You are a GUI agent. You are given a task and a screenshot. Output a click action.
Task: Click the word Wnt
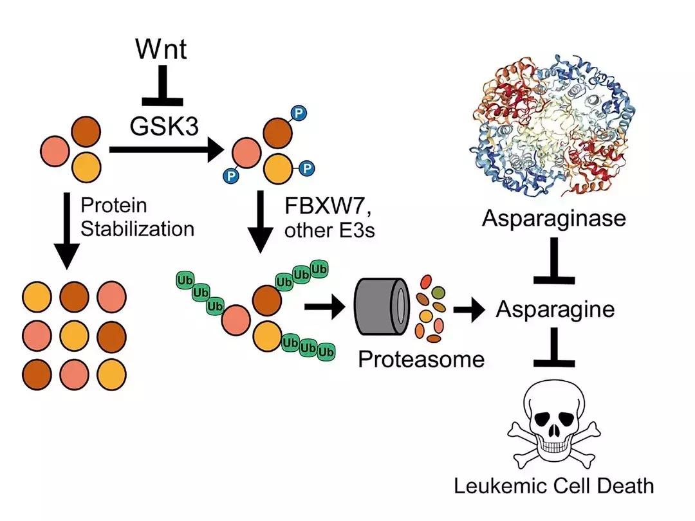coord(162,50)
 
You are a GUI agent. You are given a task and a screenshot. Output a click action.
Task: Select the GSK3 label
coord(162,126)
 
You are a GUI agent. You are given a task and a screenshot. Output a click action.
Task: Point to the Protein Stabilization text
coord(137,217)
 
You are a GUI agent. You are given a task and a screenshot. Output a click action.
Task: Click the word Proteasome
coord(421,358)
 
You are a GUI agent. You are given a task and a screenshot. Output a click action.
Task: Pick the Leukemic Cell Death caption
coord(554,485)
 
